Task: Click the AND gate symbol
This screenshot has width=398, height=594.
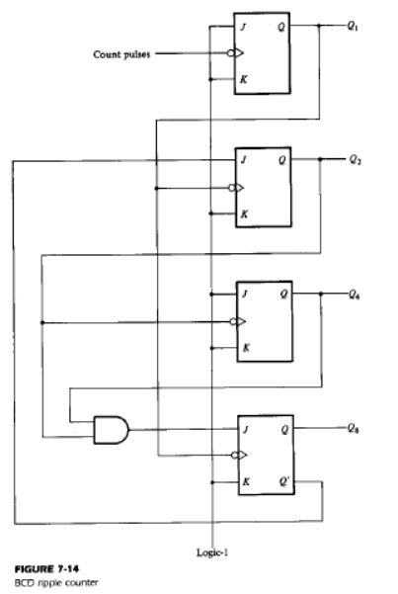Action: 111,430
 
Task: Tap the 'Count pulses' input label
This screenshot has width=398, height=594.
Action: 121,54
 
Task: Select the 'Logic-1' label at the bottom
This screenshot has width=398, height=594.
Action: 212,552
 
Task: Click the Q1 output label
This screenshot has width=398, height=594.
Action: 353,26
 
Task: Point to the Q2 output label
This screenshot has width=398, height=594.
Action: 355,160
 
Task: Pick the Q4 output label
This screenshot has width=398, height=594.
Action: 355,295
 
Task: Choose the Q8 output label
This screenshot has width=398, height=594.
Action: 354,429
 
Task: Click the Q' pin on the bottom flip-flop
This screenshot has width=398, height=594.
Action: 284,481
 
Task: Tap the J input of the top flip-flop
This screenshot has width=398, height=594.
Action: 244,27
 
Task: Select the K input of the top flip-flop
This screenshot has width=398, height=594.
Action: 244,79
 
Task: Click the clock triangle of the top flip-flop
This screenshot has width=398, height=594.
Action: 239,53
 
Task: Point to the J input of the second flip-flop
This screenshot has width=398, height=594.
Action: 244,160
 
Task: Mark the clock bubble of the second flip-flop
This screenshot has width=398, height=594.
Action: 232,188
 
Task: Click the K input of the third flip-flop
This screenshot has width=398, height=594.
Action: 246,347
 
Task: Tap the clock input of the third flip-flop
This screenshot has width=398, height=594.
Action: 238,321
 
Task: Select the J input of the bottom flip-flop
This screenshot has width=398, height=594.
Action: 246,429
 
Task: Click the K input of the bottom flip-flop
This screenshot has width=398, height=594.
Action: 246,482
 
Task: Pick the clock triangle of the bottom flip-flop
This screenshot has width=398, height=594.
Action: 242,455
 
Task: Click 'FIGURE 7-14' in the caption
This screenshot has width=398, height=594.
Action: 46,569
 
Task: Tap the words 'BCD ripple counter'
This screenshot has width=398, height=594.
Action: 56,583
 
